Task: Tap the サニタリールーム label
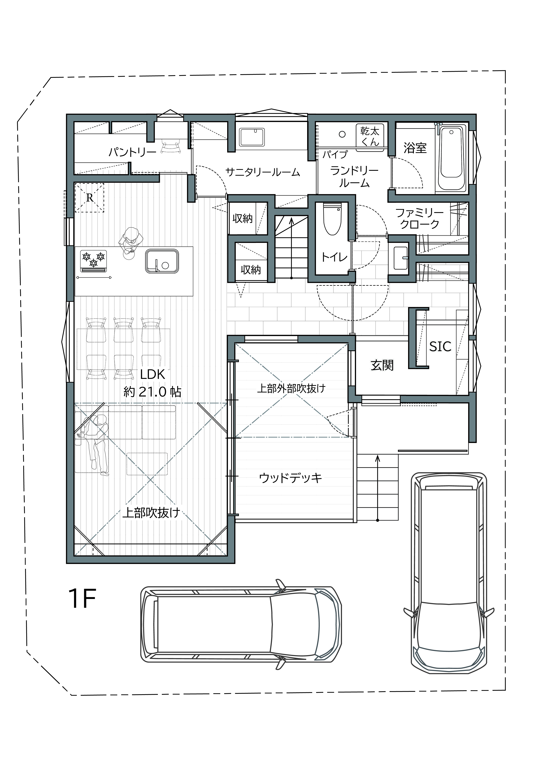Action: [x=262, y=172]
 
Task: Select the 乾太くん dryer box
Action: [x=370, y=136]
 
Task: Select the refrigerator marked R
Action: [x=89, y=197]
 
